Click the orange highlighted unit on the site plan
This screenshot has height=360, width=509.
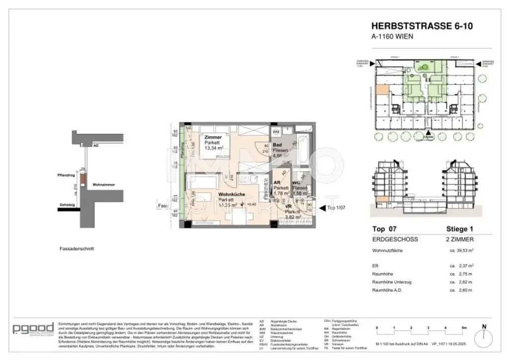pyautogui.click(x=382, y=90)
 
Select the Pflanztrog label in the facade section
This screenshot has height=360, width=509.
pyautogui.click(x=67, y=175)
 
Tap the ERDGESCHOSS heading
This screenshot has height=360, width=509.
pyautogui.click(x=395, y=239)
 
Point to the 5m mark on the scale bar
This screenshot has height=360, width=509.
pyautogui.click(x=463, y=328)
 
